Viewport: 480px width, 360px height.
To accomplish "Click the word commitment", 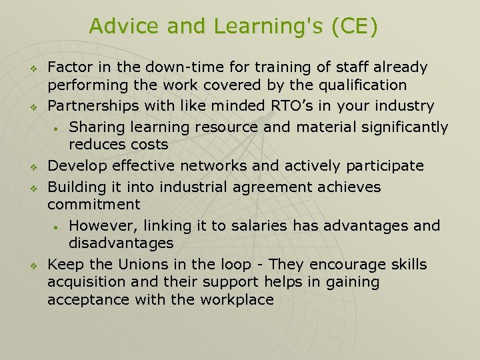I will pyautogui.click(x=94, y=205).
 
